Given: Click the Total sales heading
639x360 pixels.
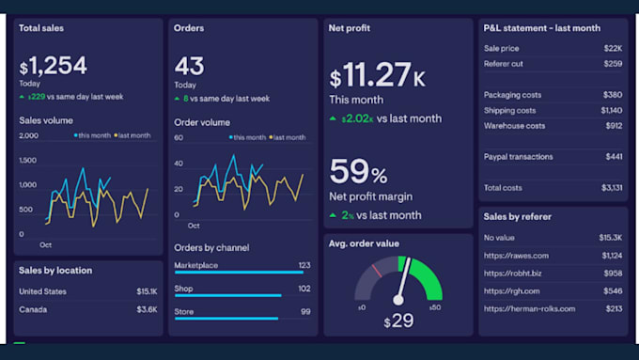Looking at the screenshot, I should pos(41,28).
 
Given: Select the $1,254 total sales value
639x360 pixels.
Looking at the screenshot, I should pos(54,66).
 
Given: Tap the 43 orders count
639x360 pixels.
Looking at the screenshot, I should pos(190,66).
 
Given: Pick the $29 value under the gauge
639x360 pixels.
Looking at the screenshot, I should pos(398,321).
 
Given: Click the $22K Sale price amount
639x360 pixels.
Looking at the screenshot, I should pos(613,48).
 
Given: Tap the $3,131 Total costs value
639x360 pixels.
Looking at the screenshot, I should pos(611,188).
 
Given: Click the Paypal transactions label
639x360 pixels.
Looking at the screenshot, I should pos(518,157).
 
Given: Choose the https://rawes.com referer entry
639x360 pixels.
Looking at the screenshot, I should pos(516,255).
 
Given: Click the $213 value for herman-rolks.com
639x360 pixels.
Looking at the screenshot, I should pos(613,308).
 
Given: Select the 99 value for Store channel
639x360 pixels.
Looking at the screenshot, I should pos(305,311).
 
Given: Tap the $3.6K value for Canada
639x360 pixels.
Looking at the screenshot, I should pos(146,309).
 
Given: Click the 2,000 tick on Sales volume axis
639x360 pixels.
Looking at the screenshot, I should pos(29,135).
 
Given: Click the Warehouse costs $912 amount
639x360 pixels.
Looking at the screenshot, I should pos(613,126).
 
